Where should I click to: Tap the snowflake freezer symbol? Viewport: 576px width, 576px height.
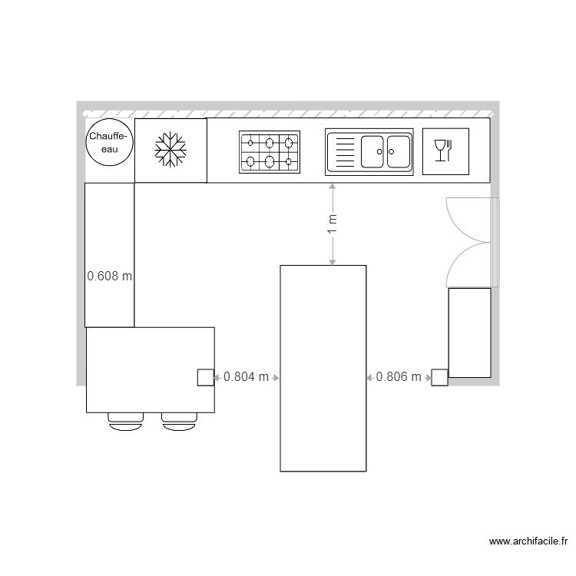(170, 150)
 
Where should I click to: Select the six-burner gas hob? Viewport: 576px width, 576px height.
(269, 151)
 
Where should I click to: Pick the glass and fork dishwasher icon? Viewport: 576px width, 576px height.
(445, 151)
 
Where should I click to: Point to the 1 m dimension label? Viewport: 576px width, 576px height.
(332, 224)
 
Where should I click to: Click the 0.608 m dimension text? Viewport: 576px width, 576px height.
(110, 276)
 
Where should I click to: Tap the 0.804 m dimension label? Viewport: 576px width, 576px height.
(246, 377)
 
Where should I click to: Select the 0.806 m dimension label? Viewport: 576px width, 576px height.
(399, 377)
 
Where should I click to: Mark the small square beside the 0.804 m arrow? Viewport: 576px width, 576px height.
(206, 377)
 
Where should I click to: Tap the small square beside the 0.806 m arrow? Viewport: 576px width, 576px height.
(439, 377)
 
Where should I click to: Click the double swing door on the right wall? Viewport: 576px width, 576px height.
(470, 242)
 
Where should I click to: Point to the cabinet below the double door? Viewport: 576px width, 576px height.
(469, 333)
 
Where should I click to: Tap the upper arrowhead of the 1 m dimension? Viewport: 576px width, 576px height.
(332, 187)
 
